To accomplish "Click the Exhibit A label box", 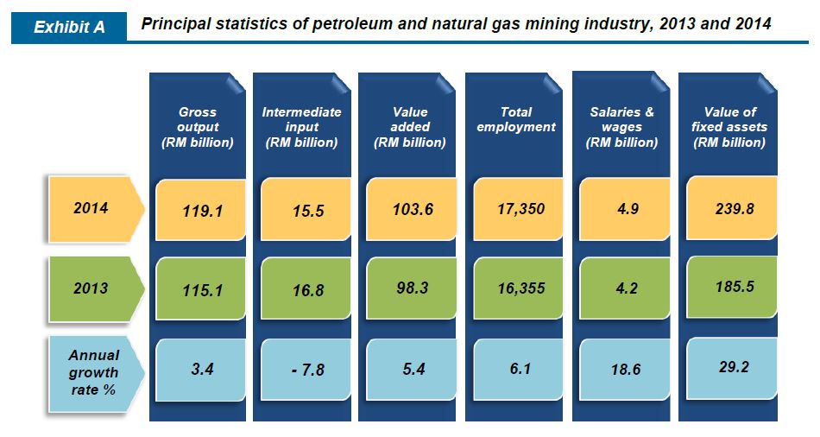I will [68, 28].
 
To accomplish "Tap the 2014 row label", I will [91, 208].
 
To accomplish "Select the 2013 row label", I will [91, 288].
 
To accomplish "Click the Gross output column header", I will [198, 127].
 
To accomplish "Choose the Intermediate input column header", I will [301, 127].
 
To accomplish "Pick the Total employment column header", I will [516, 119].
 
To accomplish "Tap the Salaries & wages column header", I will [621, 127].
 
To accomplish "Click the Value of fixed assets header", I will [729, 127].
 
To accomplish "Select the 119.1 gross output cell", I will [202, 210].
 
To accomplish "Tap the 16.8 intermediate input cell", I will [306, 290].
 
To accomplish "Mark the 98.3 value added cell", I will [412, 288].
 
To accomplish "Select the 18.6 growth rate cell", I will [624, 370].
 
